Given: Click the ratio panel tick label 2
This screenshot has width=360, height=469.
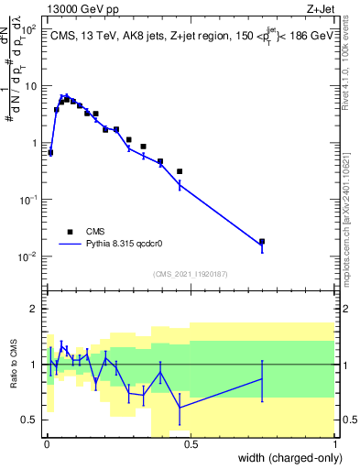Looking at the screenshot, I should [34, 309].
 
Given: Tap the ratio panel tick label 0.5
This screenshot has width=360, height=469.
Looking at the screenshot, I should [29, 420].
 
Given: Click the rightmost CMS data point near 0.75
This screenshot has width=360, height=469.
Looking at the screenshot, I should [262, 242].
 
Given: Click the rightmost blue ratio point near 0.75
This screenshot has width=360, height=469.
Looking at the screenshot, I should [262, 378].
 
